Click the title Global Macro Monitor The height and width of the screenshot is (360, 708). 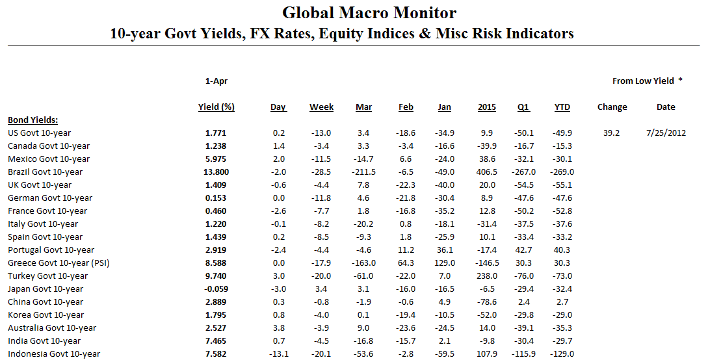[369, 12]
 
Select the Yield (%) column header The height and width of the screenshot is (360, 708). [216, 107]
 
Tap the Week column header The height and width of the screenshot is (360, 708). [321, 107]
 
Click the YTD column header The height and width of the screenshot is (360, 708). [562, 107]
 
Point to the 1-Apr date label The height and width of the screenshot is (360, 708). [216, 81]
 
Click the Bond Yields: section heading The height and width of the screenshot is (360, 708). [33, 120]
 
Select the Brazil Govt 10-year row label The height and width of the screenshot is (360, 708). [46, 172]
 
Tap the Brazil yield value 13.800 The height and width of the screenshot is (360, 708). [216, 172]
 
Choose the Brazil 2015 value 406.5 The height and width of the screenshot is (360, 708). [486, 172]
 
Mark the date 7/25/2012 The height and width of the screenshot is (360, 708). [666, 133]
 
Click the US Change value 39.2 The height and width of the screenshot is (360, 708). [611, 133]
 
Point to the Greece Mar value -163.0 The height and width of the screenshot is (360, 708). [363, 263]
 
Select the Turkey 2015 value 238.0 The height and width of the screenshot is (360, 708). [486, 276]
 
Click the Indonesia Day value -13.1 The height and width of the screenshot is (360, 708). [278, 354]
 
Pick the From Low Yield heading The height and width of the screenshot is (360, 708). [643, 81]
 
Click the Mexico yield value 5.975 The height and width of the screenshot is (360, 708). [216, 159]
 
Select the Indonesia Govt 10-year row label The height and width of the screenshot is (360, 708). [54, 354]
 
